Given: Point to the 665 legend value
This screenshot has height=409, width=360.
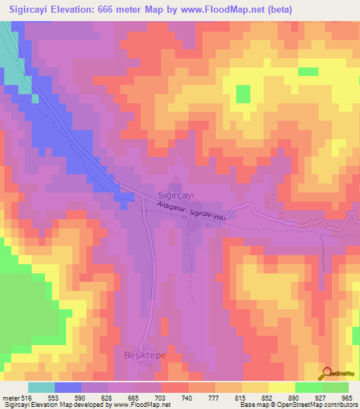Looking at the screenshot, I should point(135,398).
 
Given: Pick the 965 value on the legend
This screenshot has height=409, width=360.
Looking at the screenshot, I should point(347,398).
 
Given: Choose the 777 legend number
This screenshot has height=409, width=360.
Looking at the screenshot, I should point(214,398).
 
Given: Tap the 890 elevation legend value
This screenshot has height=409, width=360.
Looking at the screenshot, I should point(294,398).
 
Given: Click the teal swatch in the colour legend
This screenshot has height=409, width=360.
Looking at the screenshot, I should point(41,387).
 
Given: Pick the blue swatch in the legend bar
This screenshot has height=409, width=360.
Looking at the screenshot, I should point(68,387).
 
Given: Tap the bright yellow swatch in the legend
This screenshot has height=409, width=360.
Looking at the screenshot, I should point(281,387).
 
